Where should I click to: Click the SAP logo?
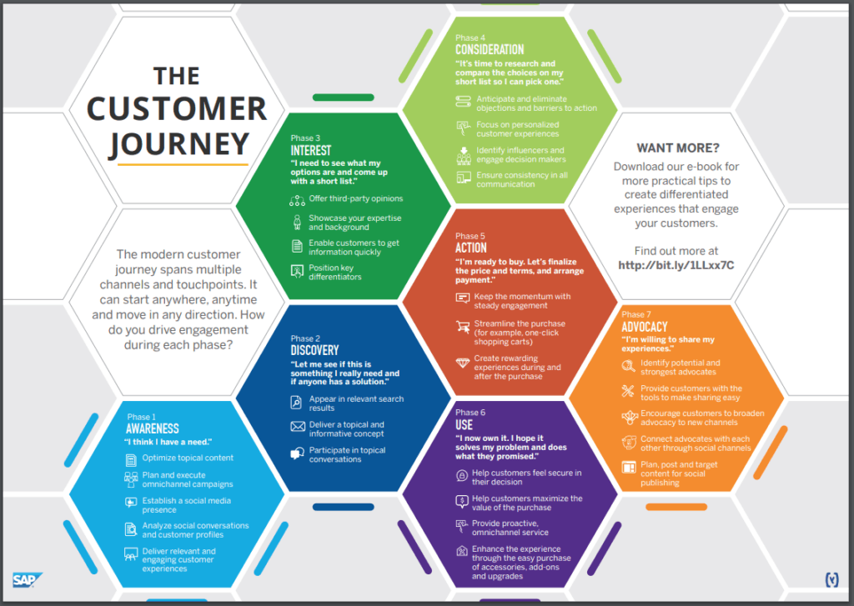pos(27,580)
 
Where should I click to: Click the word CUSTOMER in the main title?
pos(177,108)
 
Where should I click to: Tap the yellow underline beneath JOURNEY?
pos(183,164)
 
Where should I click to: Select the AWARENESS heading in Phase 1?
pos(153,428)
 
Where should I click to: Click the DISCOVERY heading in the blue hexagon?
pos(314,350)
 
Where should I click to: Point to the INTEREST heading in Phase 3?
pos(311,150)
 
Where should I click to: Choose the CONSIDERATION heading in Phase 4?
pos(490,49)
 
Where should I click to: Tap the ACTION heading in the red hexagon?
pos(471,248)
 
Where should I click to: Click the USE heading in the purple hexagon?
pos(464,424)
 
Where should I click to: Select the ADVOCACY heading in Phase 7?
pos(645,327)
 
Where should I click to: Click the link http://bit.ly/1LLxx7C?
pos(676,265)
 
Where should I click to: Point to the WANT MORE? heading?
pos(678,148)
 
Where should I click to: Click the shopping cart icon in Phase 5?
pos(463,327)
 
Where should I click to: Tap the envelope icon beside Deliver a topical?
pos(298,426)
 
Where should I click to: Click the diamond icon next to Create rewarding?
pos(463,363)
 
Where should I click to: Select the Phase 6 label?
pos(470,413)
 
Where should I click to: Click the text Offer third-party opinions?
pos(355,198)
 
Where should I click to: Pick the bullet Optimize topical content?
pos(188,458)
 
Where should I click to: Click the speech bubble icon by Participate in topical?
pos(298,453)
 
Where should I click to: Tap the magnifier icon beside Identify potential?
pos(629,367)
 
